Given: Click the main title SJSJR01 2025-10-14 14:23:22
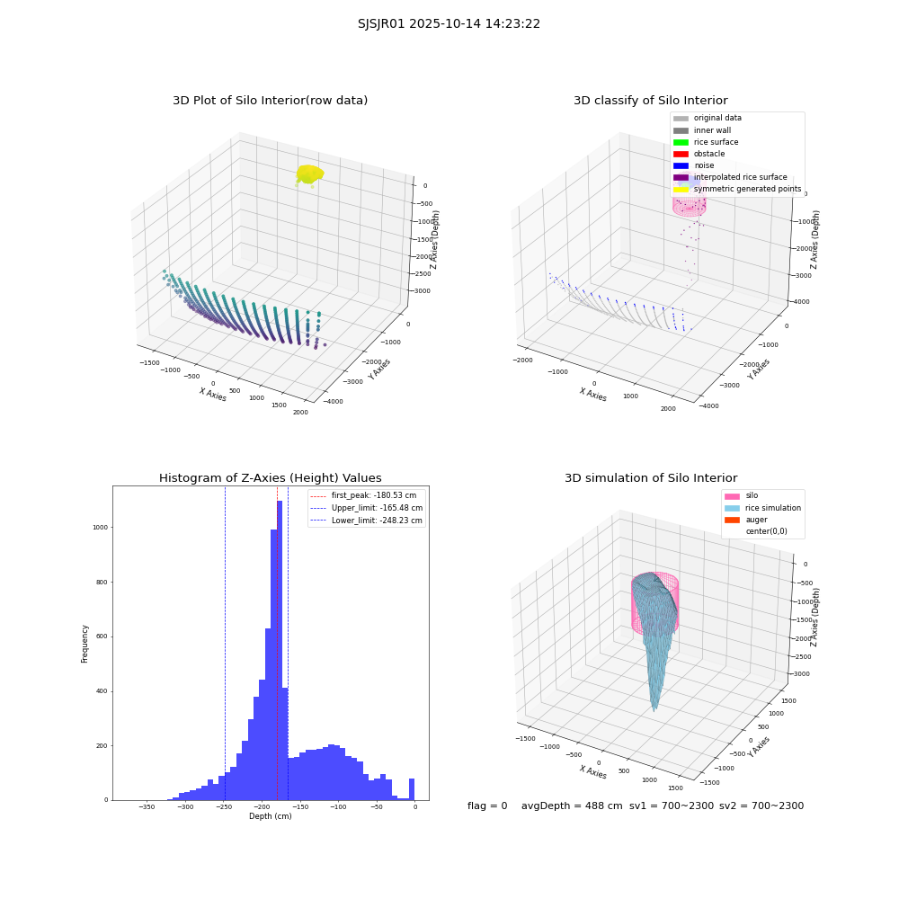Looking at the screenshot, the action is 449,24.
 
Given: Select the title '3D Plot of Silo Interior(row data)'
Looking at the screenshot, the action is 270,101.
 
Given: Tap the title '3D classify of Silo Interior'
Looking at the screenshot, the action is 651,101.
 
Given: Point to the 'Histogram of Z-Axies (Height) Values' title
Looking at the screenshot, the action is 270,477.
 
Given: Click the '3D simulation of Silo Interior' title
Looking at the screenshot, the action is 651,477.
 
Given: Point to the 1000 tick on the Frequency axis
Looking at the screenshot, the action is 101,527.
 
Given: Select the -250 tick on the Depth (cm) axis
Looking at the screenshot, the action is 224,807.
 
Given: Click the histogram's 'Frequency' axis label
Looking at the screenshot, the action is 85,644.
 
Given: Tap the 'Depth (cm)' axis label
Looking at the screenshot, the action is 270,816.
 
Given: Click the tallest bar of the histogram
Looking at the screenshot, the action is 280,650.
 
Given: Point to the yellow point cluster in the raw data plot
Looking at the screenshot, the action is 309,174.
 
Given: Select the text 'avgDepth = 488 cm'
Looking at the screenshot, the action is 572,806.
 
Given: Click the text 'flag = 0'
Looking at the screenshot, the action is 487,806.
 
